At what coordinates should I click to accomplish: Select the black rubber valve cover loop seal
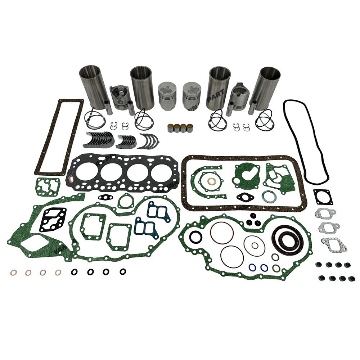(x=306, y=140)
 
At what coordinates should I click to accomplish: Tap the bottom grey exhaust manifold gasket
(x=334, y=244)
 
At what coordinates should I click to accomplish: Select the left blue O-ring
(x=253, y=268)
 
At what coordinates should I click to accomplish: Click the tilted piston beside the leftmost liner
(x=119, y=97)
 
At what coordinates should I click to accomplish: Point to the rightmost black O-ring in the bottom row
(x=123, y=272)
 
